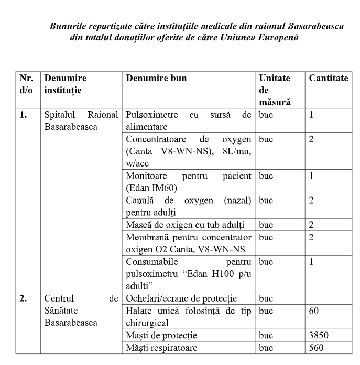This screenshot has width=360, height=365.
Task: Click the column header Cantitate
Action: pyautogui.click(x=328, y=79)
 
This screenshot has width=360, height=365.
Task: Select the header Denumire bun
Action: pyautogui.click(x=156, y=79)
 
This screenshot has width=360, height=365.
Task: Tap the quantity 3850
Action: pyautogui.click(x=319, y=335)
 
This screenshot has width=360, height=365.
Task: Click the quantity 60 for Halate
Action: pyautogui.click(x=314, y=311)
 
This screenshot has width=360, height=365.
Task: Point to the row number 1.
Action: pyautogui.click(x=24, y=115)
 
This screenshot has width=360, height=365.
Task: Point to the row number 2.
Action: pyautogui.click(x=24, y=299)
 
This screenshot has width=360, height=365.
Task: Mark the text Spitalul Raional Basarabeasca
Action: pyautogui.click(x=81, y=120)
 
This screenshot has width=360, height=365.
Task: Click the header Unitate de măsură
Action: pyautogui.click(x=274, y=90)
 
